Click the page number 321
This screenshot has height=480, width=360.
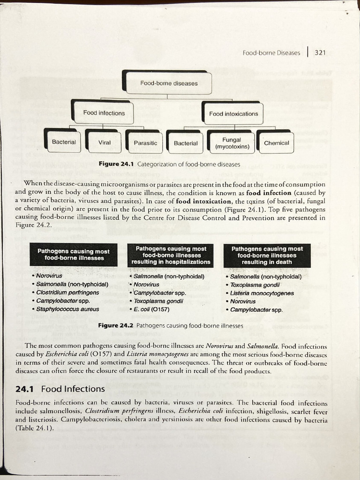click(x=320, y=52)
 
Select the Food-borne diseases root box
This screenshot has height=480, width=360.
click(x=169, y=83)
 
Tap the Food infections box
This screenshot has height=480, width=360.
click(x=104, y=113)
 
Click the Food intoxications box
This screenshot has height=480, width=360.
click(x=233, y=113)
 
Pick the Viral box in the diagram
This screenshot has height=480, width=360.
click(x=104, y=142)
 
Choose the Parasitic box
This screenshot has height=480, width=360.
click(x=145, y=142)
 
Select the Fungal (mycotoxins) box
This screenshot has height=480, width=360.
click(x=232, y=143)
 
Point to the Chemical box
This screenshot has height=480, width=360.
click(x=276, y=143)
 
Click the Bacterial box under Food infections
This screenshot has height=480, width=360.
click(x=64, y=142)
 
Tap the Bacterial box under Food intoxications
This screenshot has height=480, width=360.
click(x=186, y=143)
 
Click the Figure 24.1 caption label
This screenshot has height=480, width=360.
click(x=116, y=165)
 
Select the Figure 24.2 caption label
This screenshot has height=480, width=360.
click(x=116, y=325)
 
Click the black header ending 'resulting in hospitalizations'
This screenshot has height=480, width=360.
click(x=171, y=255)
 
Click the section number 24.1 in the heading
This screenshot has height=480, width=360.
click(x=25, y=389)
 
